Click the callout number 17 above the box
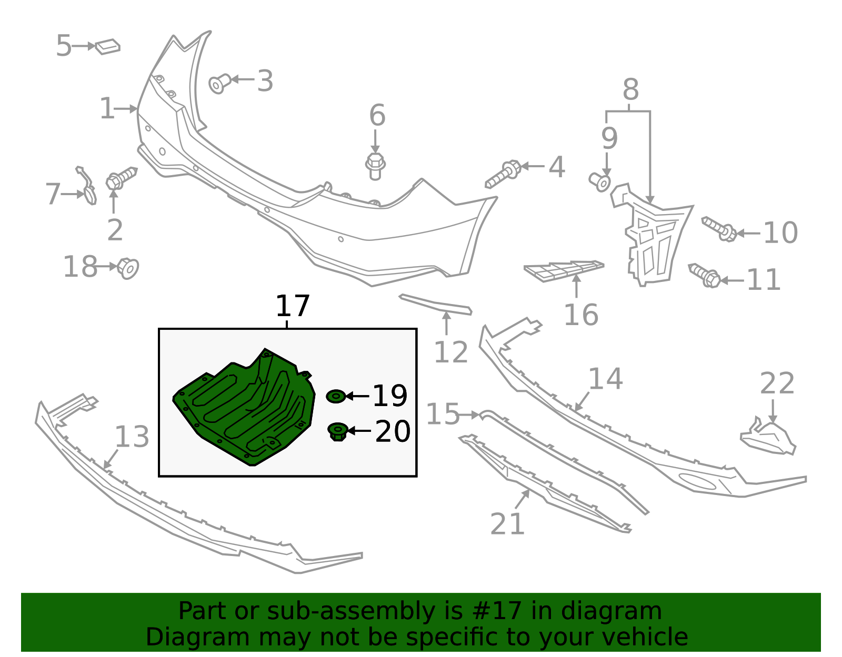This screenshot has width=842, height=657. click(293, 306)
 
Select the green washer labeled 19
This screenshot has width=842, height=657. click(336, 397)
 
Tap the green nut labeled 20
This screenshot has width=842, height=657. click(337, 432)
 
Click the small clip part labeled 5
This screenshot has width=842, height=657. click(108, 46)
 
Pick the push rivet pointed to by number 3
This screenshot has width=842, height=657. click(219, 83)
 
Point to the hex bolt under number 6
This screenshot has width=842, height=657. click(375, 166)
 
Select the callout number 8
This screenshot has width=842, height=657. click(630, 89)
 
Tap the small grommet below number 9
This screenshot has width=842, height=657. click(600, 182)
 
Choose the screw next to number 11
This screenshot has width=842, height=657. click(704, 275)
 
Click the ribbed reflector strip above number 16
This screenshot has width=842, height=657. click(564, 270)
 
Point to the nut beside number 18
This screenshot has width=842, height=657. click(127, 268)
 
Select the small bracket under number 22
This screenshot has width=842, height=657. click(768, 438)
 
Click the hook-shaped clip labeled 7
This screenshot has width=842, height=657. click(86, 185)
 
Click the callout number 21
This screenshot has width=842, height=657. click(507, 524)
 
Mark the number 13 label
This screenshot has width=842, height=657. click(132, 437)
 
